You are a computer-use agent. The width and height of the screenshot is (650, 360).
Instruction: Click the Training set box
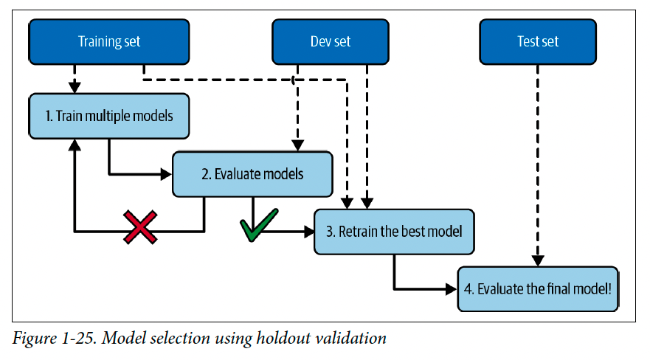coord(109,41)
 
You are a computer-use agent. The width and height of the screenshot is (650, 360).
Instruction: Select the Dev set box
coord(331,41)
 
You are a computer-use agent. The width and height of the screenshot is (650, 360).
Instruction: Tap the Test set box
coord(538,41)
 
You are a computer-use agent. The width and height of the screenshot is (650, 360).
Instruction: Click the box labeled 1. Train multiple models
coord(109,116)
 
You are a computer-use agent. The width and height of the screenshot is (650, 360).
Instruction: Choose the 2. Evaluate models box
coord(252,174)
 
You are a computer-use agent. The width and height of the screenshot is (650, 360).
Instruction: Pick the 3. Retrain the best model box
coord(394,232)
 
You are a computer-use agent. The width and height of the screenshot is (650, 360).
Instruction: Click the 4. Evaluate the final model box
coord(538,288)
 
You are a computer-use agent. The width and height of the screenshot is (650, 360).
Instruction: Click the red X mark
coord(140,227)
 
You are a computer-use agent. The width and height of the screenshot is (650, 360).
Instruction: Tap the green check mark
coord(259,225)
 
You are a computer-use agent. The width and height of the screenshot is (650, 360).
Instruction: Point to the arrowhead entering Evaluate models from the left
coord(166,174)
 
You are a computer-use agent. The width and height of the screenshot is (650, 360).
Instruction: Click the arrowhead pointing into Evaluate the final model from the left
coord(452,288)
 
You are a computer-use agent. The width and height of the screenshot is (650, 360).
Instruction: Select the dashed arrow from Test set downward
coord(538,165)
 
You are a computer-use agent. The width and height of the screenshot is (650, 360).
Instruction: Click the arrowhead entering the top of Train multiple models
coord(75,87)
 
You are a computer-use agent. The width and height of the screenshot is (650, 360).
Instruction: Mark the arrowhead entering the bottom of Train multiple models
coord(75,145)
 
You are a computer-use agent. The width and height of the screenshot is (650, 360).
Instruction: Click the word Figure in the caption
coord(35,339)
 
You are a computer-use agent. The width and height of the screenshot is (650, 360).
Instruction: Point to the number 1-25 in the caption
coord(79,338)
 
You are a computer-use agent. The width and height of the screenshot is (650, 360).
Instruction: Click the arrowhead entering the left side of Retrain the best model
coord(308,232)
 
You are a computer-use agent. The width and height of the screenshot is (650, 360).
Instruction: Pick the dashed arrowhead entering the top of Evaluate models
coord(297,145)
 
